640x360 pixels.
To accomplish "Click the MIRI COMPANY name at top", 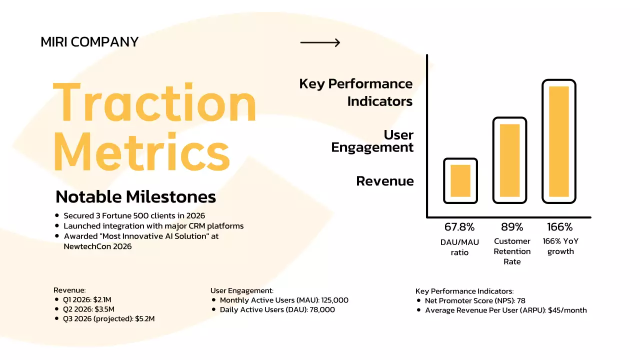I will tap(89, 42).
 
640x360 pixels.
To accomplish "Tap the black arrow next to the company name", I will tap(320, 42).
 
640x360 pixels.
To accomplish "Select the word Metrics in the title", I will tap(141, 150).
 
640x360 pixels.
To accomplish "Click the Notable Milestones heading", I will tap(135, 196).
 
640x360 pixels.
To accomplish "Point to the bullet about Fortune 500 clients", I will tap(134, 215).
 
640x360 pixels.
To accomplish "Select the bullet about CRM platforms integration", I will tap(153, 225).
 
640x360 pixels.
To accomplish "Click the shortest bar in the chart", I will tap(460, 180).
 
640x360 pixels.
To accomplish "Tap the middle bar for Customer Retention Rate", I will tap(509, 160).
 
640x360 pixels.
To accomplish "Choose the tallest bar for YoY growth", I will tap(559, 141).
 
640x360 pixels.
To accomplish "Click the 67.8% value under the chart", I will tap(459, 227).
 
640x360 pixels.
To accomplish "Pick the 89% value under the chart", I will tap(511, 227).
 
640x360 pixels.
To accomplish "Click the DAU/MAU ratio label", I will tap(459, 247).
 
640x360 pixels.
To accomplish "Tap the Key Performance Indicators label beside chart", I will tap(356, 92).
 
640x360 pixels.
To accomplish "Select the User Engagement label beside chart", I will tap(372, 141).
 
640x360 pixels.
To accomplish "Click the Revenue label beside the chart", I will tap(384, 181).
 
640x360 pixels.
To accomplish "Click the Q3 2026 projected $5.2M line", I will tap(109, 318).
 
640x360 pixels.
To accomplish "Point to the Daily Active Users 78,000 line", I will tap(277, 309).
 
